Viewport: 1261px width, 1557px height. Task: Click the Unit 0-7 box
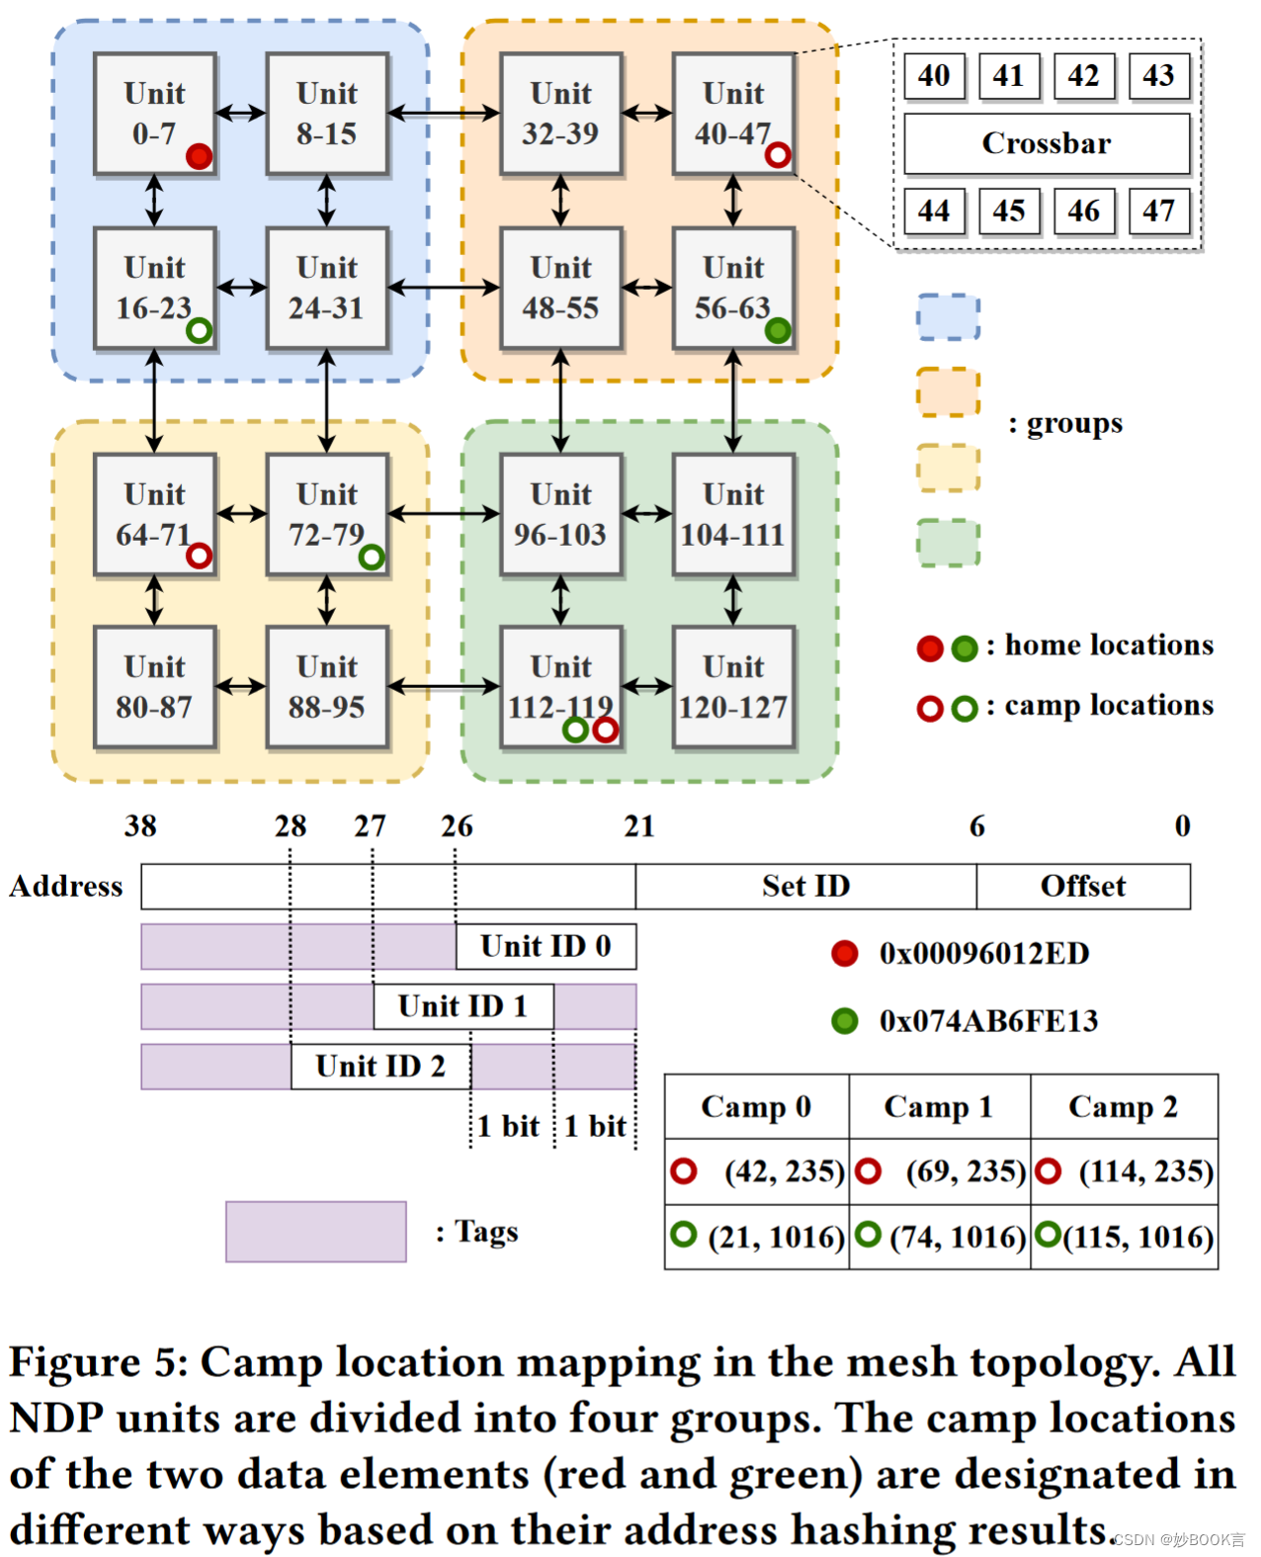pyautogui.click(x=154, y=113)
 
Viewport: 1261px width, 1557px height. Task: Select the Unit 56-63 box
pyautogui.click(x=733, y=287)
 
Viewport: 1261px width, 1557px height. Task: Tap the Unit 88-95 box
pyautogui.click(x=326, y=686)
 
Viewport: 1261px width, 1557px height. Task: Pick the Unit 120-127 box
pyautogui.click(x=733, y=686)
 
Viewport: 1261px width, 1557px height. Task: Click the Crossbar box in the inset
pyautogui.click(x=1047, y=143)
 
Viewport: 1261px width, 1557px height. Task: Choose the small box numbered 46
pyautogui.click(x=1083, y=211)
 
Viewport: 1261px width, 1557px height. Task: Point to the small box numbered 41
pyautogui.click(x=1008, y=76)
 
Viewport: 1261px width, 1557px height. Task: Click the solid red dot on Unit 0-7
pyautogui.click(x=199, y=156)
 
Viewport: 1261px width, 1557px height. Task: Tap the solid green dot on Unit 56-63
pyautogui.click(x=778, y=330)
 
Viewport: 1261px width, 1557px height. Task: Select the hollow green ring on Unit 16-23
pyautogui.click(x=199, y=330)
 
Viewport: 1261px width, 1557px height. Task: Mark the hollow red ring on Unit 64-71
pyautogui.click(x=199, y=556)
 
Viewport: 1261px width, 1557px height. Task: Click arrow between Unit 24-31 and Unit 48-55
pyautogui.click(x=444, y=288)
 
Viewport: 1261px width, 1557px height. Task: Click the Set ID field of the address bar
pyautogui.click(x=805, y=886)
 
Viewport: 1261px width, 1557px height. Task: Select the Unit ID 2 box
pyautogui.click(x=380, y=1066)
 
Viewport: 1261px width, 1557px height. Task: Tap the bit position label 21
pyautogui.click(x=639, y=825)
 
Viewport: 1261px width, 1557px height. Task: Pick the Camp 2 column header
pyautogui.click(x=1123, y=1106)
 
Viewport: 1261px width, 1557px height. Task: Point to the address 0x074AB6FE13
pyautogui.click(x=988, y=1020)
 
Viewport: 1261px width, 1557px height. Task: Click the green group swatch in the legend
pyautogui.click(x=948, y=543)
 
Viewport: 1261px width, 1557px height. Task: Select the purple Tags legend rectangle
pyautogui.click(x=315, y=1231)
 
